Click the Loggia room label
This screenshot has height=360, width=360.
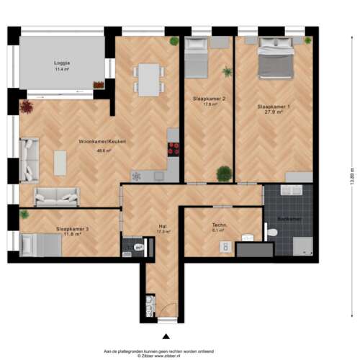(61, 63)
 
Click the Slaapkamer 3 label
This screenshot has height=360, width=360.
(72, 229)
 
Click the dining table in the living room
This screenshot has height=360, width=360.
(149, 79)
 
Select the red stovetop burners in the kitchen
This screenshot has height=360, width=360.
(174, 149)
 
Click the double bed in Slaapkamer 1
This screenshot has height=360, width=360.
(276, 58)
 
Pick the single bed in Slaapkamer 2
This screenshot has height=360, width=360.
(197, 58)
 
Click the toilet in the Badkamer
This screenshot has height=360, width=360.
(271, 233)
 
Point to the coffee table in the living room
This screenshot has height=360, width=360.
(60, 163)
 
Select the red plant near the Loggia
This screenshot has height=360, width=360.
(27, 107)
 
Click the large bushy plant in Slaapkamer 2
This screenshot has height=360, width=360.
(223, 173)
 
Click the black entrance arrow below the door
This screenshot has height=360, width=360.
(166, 336)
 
